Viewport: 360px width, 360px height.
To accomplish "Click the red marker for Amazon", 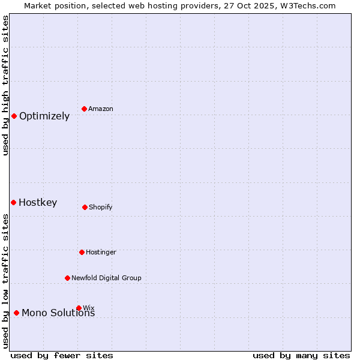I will coord(85,109).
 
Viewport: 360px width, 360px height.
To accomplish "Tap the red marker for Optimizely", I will coord(14,116).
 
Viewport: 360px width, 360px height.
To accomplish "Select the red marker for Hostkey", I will coord(13,202).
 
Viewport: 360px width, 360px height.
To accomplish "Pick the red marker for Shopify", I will coord(85,207).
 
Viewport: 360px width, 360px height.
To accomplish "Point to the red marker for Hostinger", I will coord(82,252).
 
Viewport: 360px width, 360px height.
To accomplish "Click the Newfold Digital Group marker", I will coord(67,278).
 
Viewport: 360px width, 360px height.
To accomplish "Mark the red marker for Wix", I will coord(79,308).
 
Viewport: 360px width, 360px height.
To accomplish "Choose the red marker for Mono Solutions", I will coord(16,313).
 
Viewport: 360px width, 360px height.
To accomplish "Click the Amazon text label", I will coord(101,109).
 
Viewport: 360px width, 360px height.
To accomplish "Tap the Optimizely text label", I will coord(44,116).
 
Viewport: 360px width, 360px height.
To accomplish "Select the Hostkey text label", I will coord(38,203).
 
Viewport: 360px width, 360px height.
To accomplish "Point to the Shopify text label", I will coord(101,207).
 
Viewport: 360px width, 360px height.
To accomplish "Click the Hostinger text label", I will coord(101,252).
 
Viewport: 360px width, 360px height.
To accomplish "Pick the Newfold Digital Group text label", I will coord(106,278).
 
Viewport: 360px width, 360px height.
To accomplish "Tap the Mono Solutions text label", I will coord(58,313).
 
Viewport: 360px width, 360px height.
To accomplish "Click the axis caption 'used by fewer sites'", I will coord(62,355).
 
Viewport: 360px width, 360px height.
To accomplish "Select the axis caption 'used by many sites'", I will coord(301,355).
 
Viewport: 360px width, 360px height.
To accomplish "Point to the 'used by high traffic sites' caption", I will coord(5,85).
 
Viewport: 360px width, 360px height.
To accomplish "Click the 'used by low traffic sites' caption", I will coord(5,281).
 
